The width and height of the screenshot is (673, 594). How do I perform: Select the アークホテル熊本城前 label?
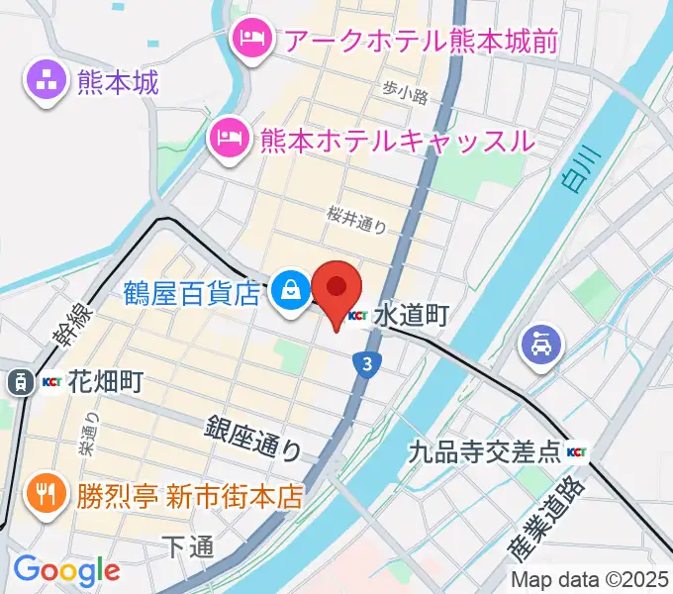tap(422, 41)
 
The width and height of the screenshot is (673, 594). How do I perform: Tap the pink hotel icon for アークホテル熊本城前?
tap(248, 40)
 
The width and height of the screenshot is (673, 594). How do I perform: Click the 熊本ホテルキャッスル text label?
tap(396, 141)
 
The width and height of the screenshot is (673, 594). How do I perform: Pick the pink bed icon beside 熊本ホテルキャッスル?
tap(229, 140)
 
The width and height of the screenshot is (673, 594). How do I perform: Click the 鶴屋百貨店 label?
tap(193, 293)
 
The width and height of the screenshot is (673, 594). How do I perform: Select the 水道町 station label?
tap(413, 316)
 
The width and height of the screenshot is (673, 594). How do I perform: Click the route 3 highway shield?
tap(368, 364)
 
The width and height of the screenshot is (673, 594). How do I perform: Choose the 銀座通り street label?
tap(253, 438)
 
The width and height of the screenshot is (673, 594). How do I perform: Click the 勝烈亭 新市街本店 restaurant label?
tap(189, 494)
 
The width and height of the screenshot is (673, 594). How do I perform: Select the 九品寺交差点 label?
tap(485, 454)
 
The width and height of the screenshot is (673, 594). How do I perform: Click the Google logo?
tap(66, 569)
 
